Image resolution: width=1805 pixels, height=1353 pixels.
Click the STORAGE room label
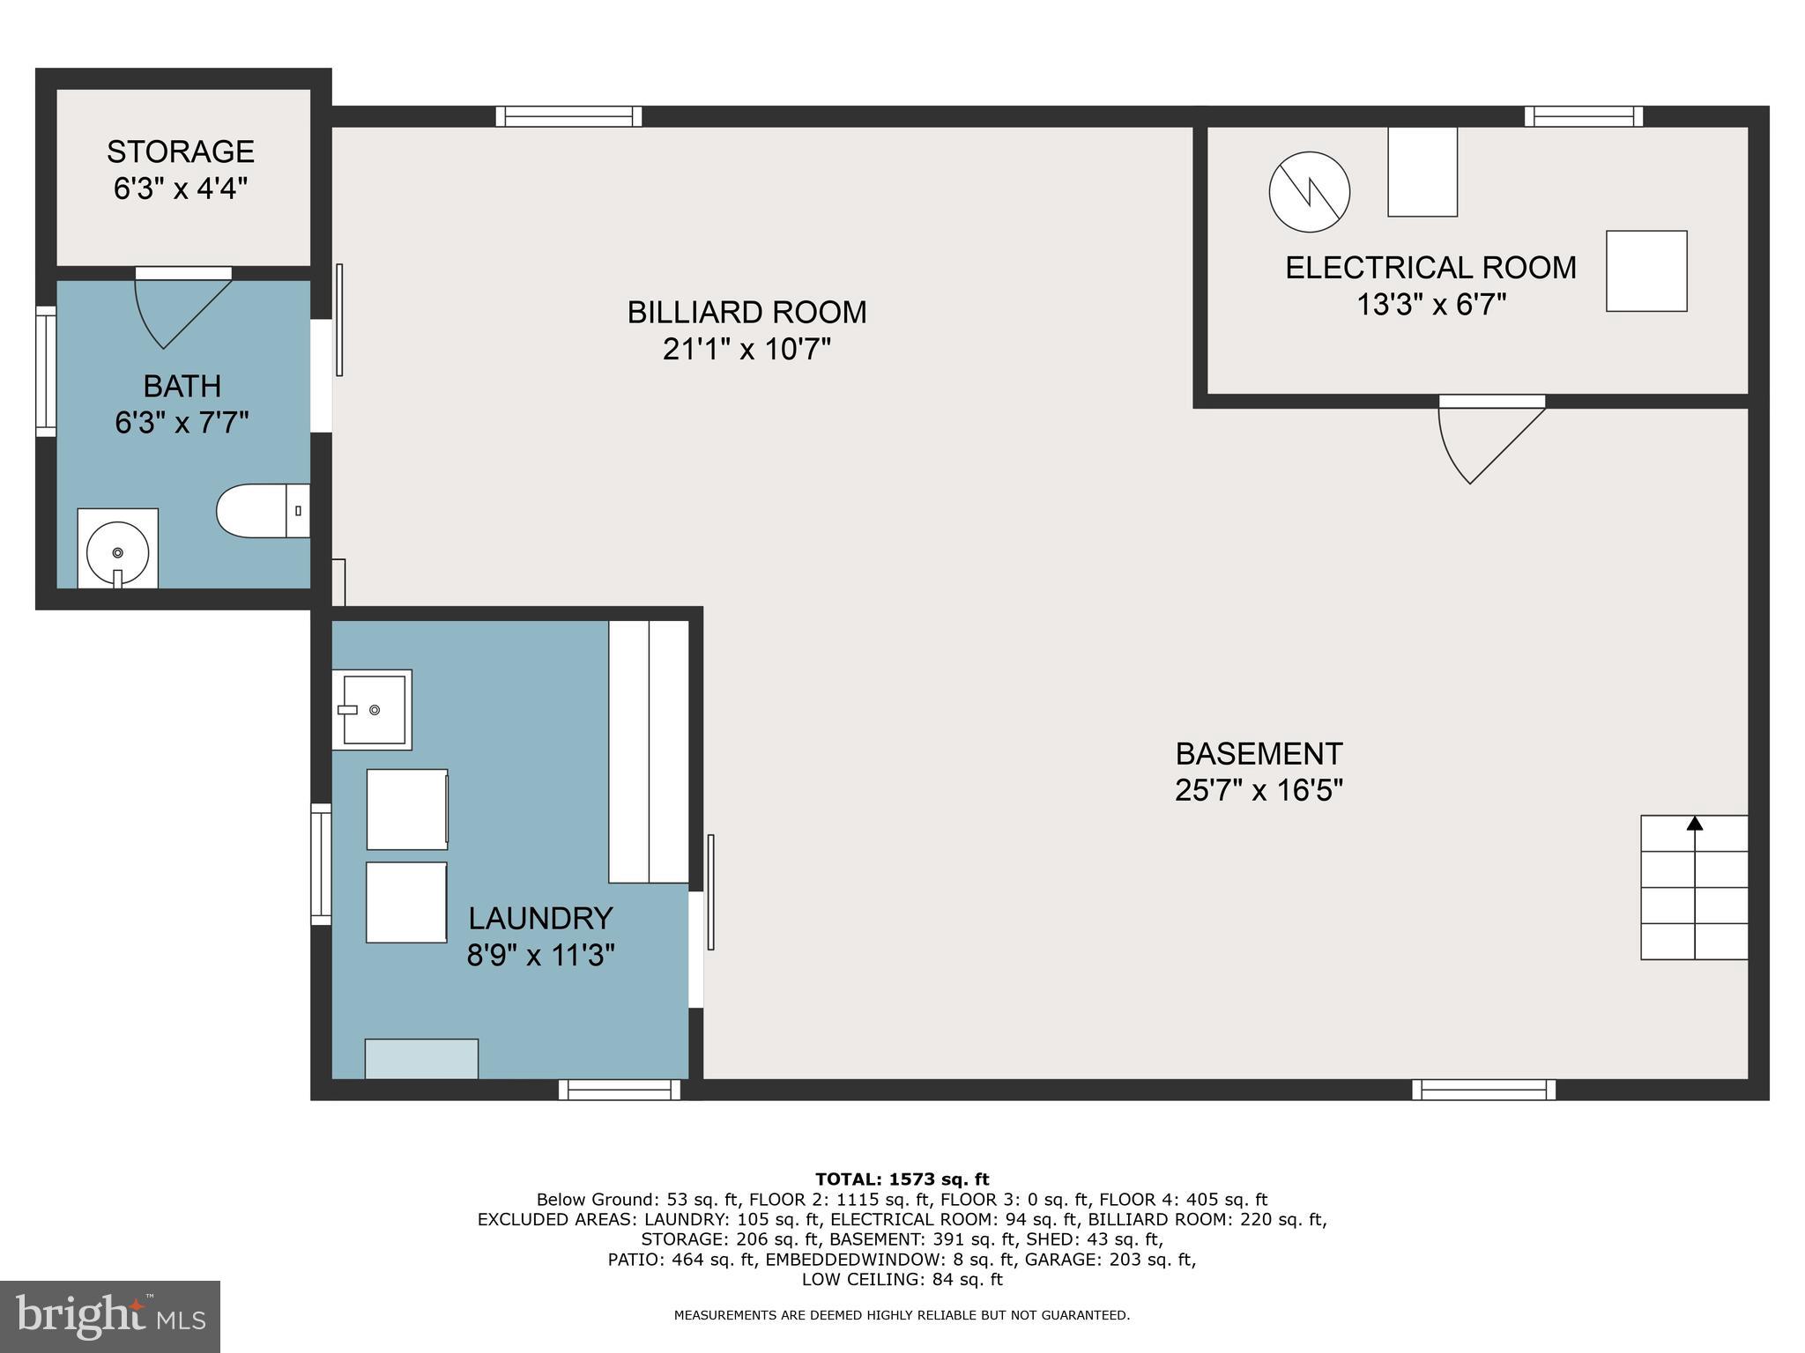181,152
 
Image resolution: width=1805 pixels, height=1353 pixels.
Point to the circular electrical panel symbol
1310,192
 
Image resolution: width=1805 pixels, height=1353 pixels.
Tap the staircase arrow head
1694,824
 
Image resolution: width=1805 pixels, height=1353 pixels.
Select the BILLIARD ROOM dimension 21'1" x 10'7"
747,350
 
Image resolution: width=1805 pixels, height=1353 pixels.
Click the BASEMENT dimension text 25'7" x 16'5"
1259,790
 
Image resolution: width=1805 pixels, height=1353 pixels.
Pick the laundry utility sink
372,709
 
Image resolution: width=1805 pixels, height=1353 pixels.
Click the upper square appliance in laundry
407,809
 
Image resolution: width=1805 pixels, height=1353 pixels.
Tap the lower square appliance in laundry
406,902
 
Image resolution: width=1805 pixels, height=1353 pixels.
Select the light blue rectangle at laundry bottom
421,1058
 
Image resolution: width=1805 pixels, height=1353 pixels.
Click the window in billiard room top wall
568,116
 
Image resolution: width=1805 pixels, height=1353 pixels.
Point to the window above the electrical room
1584,116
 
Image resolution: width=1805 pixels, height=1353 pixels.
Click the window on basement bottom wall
1483,1090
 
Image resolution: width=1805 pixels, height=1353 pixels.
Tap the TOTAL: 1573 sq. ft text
902,1179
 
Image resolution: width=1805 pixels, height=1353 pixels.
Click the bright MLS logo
109,1316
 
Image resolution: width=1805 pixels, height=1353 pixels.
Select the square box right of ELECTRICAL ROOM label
1645,270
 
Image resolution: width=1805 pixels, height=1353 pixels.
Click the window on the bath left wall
45,370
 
